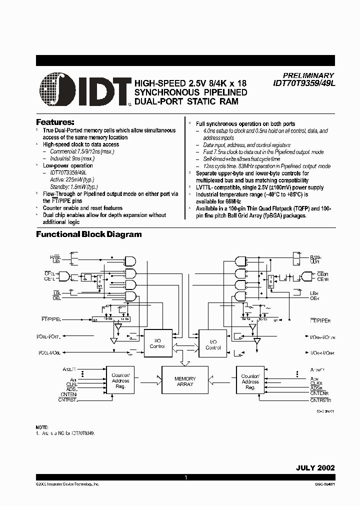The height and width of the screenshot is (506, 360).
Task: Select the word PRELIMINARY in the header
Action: pyautogui.click(x=304, y=75)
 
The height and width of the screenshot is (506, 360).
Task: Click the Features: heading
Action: pyautogui.click(x=55, y=122)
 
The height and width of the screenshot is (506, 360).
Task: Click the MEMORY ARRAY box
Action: pyautogui.click(x=185, y=381)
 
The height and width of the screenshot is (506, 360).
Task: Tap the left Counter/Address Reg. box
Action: pyautogui.click(x=120, y=381)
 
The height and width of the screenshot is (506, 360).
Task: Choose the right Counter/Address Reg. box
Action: pyautogui.click(x=250, y=381)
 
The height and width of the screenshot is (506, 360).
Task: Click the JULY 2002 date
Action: pyautogui.click(x=314, y=468)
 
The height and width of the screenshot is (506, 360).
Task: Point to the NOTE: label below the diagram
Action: pyautogui.click(x=42, y=426)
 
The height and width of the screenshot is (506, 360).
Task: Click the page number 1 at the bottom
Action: pyautogui.click(x=185, y=477)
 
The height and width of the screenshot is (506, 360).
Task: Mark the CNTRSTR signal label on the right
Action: pyautogui.click(x=320, y=400)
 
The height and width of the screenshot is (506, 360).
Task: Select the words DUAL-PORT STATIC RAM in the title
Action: pyautogui.click(x=185, y=101)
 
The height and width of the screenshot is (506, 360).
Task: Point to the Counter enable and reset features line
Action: pyautogui.click(x=82, y=208)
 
